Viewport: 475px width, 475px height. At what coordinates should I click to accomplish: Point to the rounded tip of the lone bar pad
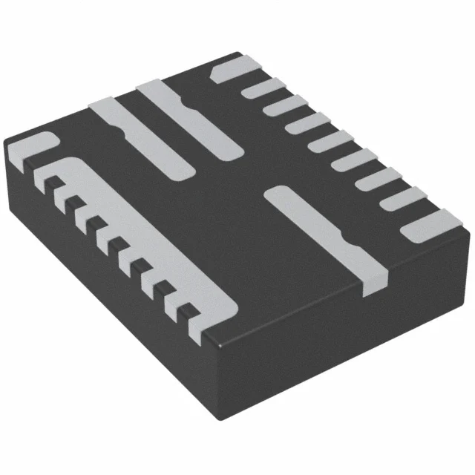276,194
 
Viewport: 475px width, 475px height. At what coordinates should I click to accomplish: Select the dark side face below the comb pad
111,297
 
